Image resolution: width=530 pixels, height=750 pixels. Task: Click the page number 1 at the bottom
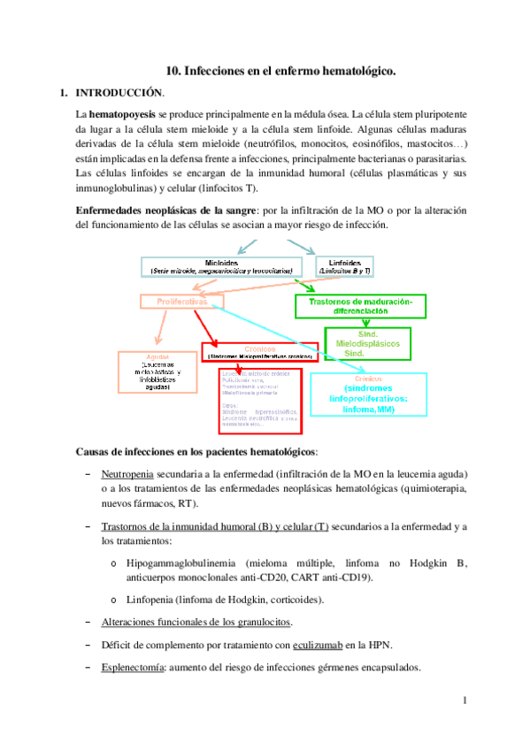[x=464, y=701]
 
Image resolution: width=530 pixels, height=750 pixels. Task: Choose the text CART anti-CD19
[x=333, y=578]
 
